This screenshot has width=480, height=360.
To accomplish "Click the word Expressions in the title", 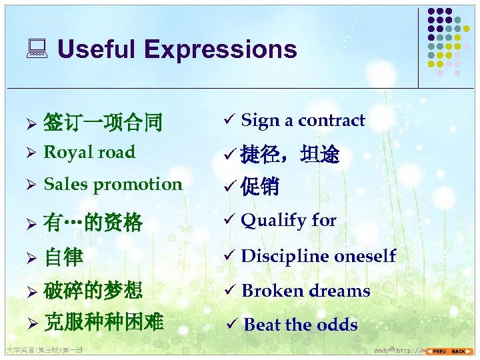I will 220,49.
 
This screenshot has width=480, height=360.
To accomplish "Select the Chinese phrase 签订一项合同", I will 103,122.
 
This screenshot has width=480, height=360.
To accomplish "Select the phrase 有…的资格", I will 93,222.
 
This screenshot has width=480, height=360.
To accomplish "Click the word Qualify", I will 273,221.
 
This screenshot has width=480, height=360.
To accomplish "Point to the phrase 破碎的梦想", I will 93,291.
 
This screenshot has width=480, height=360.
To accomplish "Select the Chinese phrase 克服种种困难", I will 103,323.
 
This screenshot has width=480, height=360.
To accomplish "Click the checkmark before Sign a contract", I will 229,121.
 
